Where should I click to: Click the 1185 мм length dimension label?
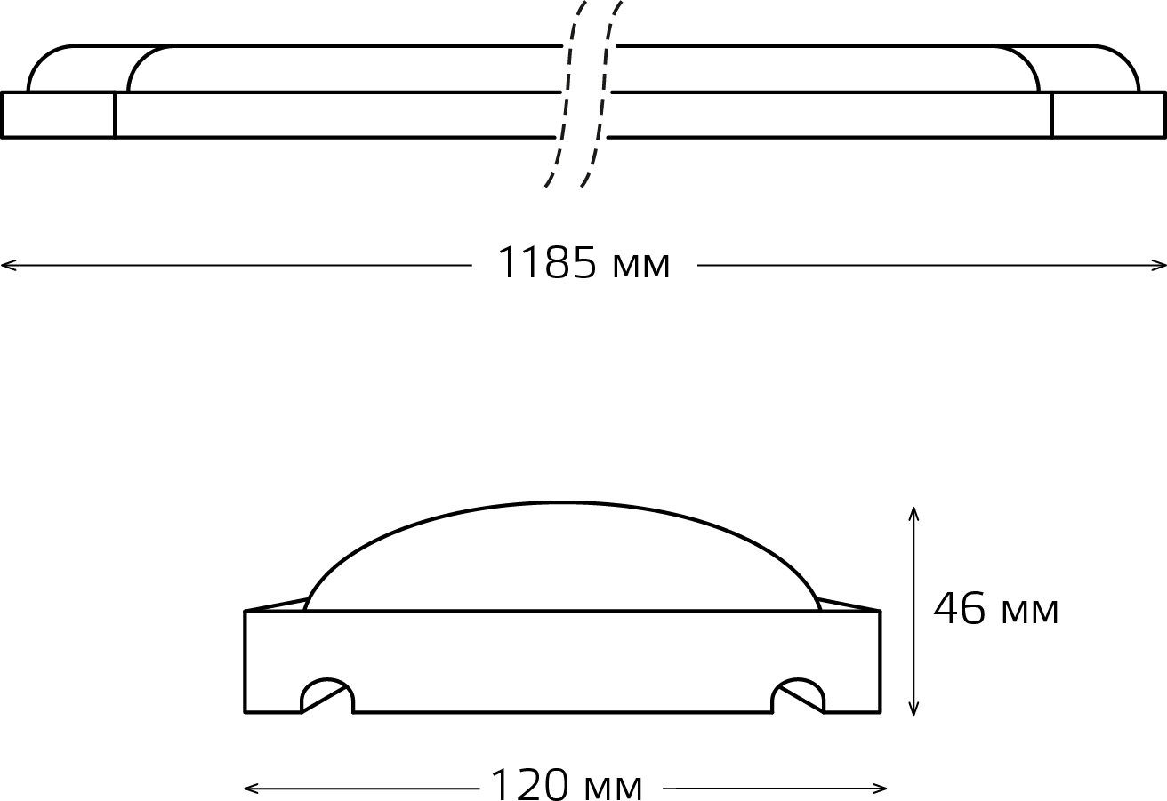tap(583, 263)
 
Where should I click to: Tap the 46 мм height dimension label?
tap(995, 608)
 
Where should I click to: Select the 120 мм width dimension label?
tap(567, 784)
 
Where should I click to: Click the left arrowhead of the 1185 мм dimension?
tap(8, 266)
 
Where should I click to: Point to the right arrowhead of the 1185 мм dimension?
tap(1159, 266)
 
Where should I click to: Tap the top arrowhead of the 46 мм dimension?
tap(913, 514)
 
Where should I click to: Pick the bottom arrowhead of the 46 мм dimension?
tap(913, 708)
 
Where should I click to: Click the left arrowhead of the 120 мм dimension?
tap(252, 789)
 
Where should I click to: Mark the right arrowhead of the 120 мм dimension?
tap(879, 789)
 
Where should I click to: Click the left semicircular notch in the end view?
tap(327, 679)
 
